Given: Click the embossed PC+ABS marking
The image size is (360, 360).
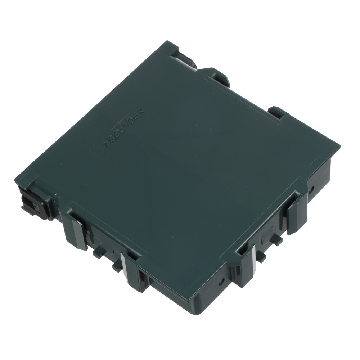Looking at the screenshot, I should (x=124, y=127).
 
